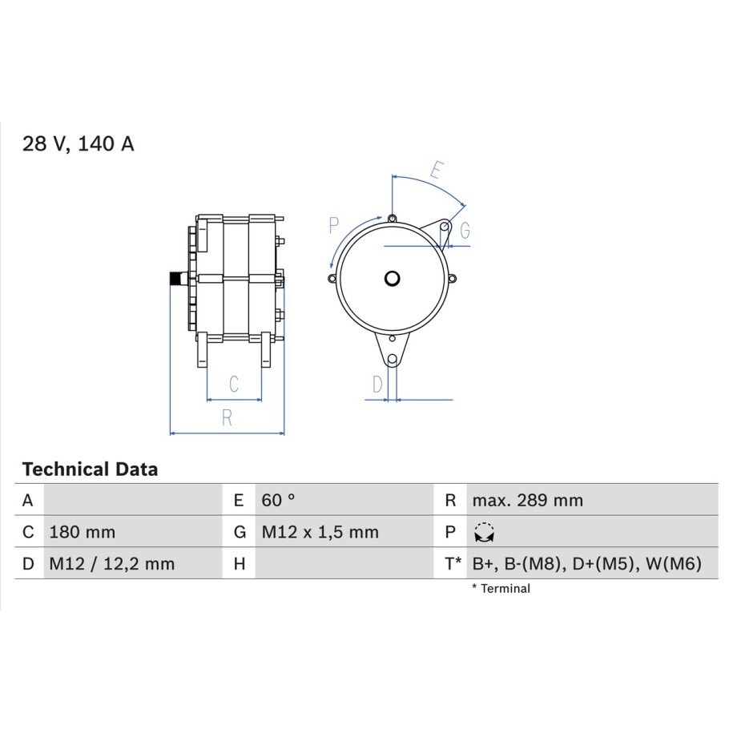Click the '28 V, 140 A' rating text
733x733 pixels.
[78, 143]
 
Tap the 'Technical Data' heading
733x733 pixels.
[90, 469]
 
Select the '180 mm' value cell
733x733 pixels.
[83, 532]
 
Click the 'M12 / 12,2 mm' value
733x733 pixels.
[111, 564]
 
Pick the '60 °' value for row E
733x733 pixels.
[278, 500]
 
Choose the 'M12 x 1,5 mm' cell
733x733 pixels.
[320, 532]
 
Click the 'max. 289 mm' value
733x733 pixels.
[527, 500]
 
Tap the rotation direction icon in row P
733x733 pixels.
[485, 533]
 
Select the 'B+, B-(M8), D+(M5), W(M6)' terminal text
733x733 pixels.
[586, 564]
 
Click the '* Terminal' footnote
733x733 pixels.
[501, 589]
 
